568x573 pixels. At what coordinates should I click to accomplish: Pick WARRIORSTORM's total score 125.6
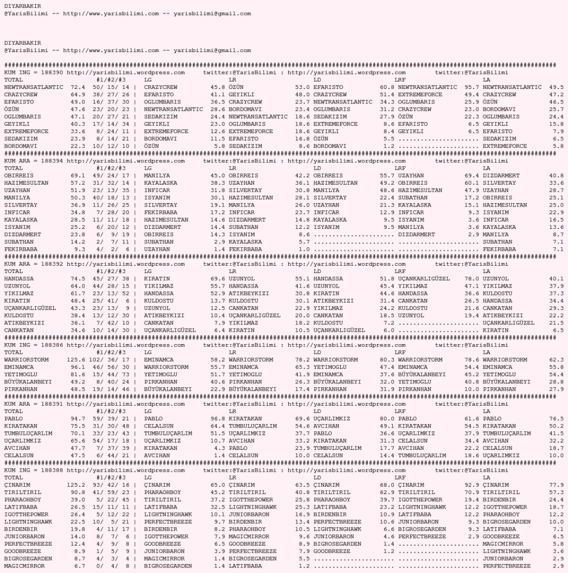pos(76,360)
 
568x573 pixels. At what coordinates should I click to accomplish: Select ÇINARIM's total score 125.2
pos(76,485)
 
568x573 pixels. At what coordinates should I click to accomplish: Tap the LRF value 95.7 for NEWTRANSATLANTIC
pos(472,87)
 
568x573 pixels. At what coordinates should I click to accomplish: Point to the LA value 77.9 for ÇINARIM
pos(556,485)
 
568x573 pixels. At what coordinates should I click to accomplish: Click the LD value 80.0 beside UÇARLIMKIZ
pos(387,419)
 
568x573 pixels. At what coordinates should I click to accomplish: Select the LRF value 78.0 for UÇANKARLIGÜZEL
pos(472,278)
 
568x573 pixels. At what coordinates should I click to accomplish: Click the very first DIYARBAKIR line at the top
pos(19,6)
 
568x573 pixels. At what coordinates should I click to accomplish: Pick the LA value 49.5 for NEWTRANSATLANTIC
pos(556,87)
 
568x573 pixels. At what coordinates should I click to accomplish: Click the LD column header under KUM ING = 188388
pos(317,477)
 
